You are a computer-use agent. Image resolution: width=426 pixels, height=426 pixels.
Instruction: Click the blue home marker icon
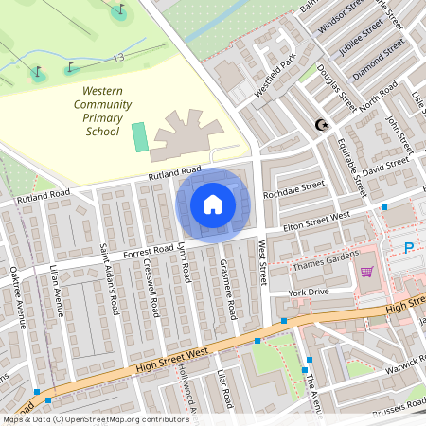212,204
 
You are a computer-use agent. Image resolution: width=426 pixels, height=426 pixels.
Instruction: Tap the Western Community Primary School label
97,109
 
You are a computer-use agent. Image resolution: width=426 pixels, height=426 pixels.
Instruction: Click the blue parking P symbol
409,248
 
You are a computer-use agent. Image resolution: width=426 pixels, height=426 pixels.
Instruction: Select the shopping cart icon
366,272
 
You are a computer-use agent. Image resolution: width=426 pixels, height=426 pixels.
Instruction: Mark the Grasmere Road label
227,288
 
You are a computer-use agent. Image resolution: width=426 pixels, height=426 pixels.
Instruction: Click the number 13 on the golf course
118,59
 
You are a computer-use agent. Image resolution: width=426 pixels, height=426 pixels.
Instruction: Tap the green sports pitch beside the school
140,136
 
